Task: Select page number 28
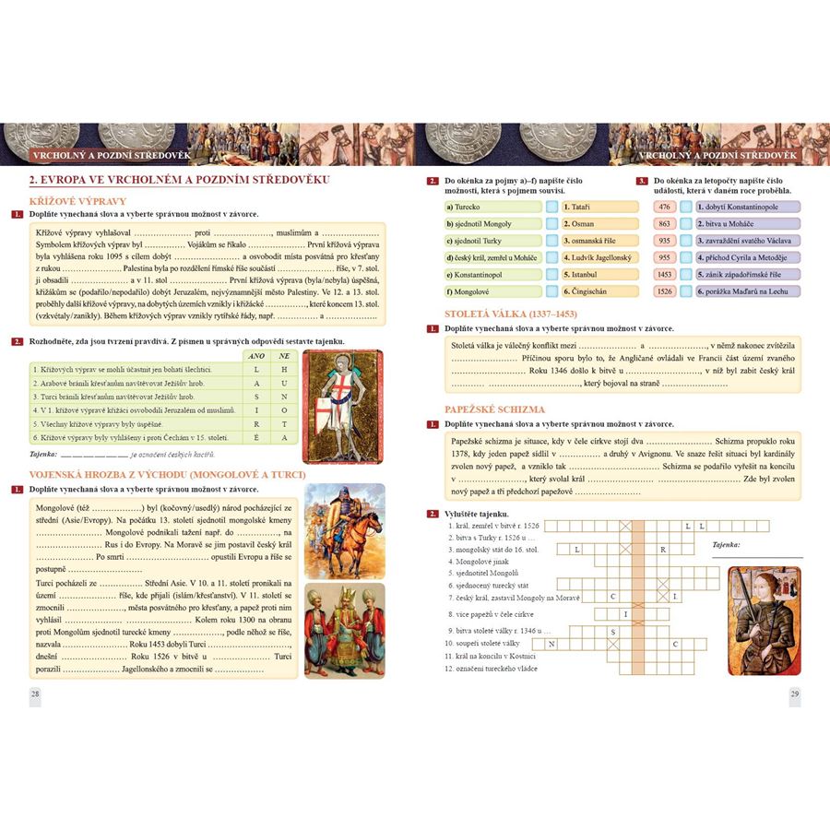[x=35, y=694]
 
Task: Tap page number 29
[x=794, y=694]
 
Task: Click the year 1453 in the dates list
[x=664, y=274]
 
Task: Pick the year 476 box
[x=664, y=207]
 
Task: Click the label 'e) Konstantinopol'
[x=486, y=275]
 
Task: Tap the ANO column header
[x=257, y=355]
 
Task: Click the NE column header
[x=285, y=355]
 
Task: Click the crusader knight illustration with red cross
[x=338, y=397]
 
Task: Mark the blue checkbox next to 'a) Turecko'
[x=551, y=207]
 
